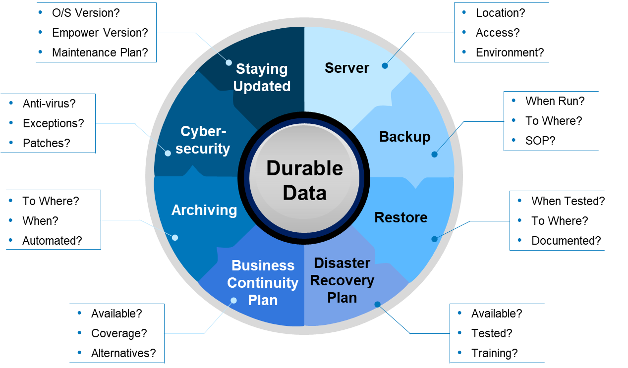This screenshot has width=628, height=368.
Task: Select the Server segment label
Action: pos(346,68)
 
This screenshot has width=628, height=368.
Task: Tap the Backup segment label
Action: pos(404,137)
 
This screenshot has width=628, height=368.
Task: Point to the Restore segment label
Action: pos(400,217)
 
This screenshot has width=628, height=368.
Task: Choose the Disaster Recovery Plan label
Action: pos(342,280)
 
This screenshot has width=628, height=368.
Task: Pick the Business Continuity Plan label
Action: pos(263,283)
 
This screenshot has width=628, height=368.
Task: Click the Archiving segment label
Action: pos(204,210)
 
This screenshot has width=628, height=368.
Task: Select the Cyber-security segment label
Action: pos(203,140)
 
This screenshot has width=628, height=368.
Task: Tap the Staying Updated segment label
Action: pos(262,77)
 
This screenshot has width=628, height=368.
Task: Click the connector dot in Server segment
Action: pos(385,65)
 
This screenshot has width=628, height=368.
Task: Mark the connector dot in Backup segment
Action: pos(434,155)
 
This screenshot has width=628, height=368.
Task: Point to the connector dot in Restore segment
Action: pos(434,239)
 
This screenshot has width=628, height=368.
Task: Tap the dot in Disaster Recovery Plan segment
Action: pos(377,304)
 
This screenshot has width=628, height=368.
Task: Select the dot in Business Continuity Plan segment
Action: pos(233,301)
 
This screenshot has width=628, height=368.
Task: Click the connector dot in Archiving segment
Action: pos(174,238)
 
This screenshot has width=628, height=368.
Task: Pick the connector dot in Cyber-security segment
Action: pos(168,153)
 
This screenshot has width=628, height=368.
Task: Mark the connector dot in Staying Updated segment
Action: pos(228,63)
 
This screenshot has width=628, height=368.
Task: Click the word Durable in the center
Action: pos(304,168)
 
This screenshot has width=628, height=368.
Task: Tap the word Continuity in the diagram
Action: pos(263,283)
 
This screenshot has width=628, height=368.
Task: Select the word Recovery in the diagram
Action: pos(342,280)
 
